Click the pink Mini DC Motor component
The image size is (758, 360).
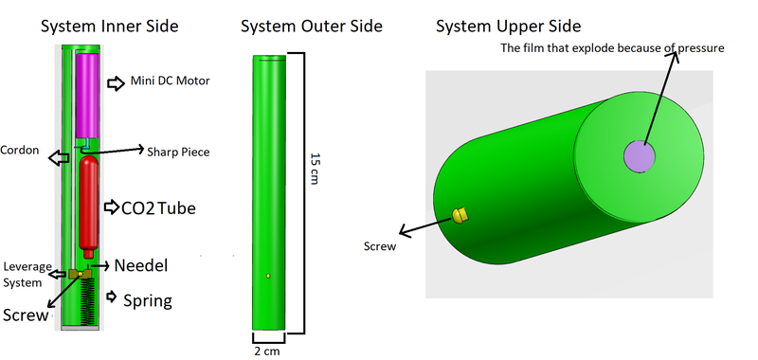(x=93, y=95)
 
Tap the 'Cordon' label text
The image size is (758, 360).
(x=20, y=150)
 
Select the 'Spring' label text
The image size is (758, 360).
(x=148, y=301)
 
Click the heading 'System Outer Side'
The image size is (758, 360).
(x=312, y=26)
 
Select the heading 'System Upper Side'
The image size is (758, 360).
(x=509, y=26)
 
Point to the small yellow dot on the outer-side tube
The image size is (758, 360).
(x=268, y=277)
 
